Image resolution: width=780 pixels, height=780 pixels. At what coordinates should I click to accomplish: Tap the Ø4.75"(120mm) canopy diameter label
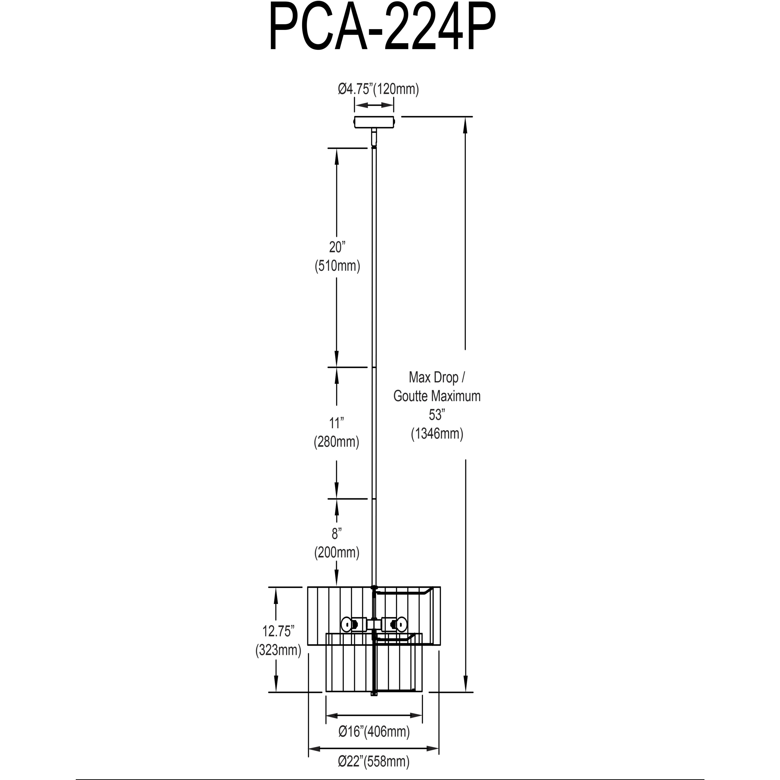[x=378, y=89]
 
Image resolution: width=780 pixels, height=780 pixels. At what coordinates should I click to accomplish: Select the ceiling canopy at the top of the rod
[x=374, y=122]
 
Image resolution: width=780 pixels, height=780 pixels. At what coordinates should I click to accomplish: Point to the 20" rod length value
[x=337, y=247]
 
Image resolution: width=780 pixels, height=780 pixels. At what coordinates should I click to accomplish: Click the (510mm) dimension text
[x=337, y=266]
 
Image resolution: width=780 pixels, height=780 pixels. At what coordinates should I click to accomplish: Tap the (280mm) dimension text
[x=337, y=442]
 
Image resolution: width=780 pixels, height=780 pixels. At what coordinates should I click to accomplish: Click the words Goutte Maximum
[x=437, y=396]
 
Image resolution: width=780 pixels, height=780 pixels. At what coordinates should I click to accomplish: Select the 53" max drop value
[x=437, y=415]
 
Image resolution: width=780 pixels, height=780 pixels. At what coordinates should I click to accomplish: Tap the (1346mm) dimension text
[x=437, y=434]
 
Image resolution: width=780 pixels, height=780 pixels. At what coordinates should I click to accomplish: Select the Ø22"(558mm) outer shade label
[x=374, y=761]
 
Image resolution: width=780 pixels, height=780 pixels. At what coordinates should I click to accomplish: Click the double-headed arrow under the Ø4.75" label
[x=374, y=105]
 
